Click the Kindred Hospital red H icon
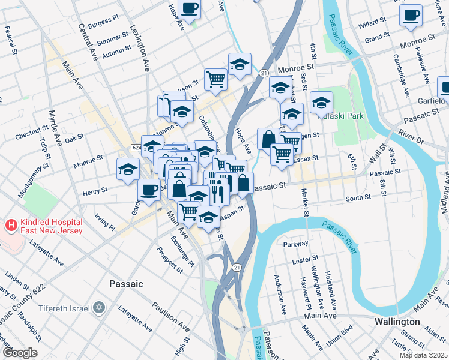(x=10, y=226)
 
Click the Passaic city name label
(x=126, y=283)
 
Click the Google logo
(x=20, y=353)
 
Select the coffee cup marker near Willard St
(x=411, y=16)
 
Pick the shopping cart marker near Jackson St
(x=215, y=79)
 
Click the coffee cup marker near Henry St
(x=149, y=190)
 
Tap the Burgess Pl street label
(x=103, y=23)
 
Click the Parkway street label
(x=295, y=244)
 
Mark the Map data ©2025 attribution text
(x=423, y=355)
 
